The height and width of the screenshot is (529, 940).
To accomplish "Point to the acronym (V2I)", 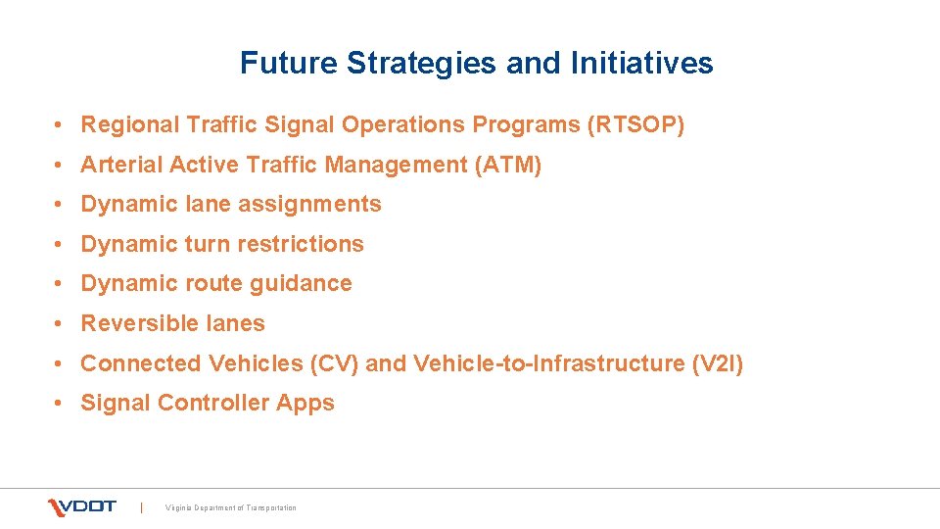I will [717, 363].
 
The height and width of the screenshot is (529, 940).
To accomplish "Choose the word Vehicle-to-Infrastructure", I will [548, 363].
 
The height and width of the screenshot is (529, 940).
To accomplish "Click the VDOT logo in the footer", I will [82, 506].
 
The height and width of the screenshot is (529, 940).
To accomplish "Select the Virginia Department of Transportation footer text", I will [231, 507].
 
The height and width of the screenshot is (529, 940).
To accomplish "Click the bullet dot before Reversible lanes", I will [61, 324].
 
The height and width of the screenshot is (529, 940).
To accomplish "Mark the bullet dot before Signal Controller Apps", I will [61, 404].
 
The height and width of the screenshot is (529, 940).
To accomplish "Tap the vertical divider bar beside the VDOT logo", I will [142, 506].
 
